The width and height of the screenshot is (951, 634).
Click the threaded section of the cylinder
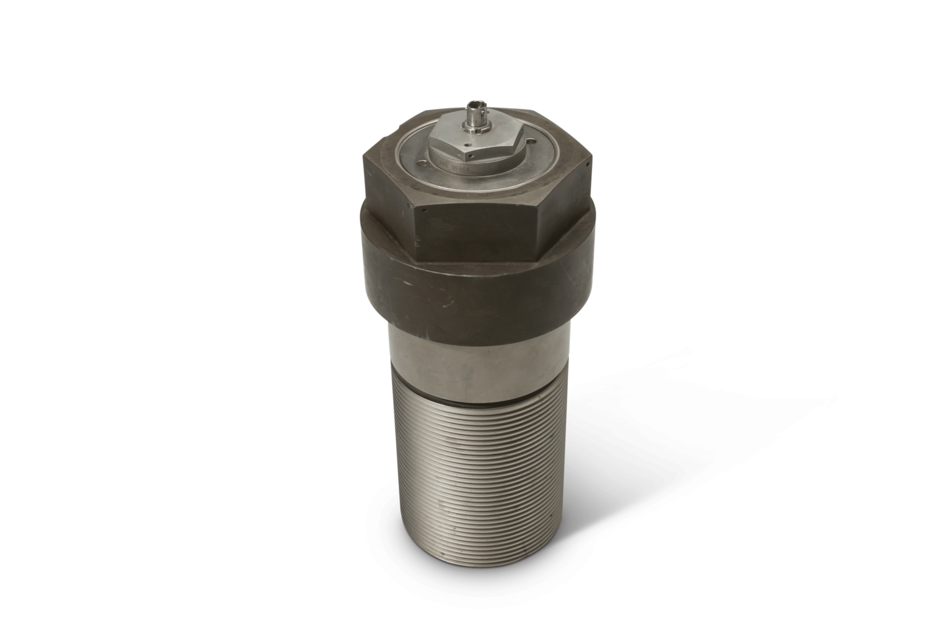click(x=477, y=471)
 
